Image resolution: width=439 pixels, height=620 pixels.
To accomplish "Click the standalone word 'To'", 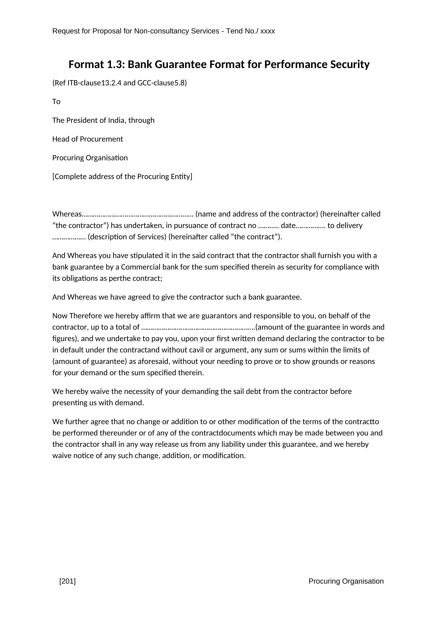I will pos(56,102).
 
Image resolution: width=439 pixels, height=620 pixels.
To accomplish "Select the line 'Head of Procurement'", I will pos(88,139).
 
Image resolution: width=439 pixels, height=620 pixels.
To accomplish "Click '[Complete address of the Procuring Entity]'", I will pos(122,177).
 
